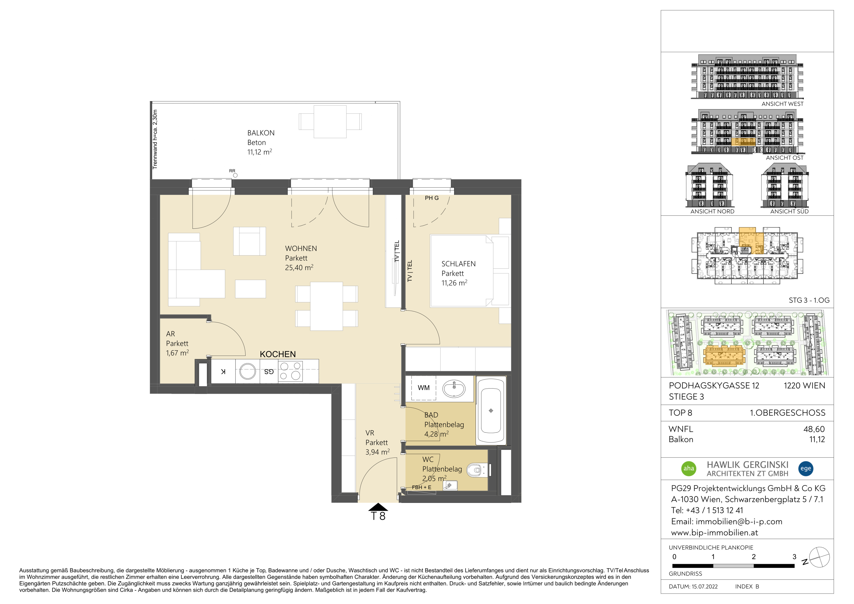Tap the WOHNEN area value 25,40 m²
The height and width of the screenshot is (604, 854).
click(x=299, y=267)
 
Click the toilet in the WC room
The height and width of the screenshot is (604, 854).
click(x=478, y=470)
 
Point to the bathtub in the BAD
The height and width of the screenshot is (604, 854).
click(x=491, y=411)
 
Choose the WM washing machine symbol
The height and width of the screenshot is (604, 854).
click(x=423, y=388)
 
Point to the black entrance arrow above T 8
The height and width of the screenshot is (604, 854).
click(x=378, y=507)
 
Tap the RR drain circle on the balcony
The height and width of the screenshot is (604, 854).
click(x=235, y=175)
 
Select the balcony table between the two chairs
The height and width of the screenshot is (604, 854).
click(x=330, y=122)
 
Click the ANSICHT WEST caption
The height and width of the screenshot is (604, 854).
click(x=782, y=104)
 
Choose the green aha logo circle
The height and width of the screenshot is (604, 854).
click(x=689, y=468)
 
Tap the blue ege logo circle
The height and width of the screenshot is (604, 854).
click(x=806, y=468)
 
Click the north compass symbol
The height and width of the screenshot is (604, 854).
click(x=819, y=557)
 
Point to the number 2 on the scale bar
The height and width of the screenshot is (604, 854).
click(x=753, y=557)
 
